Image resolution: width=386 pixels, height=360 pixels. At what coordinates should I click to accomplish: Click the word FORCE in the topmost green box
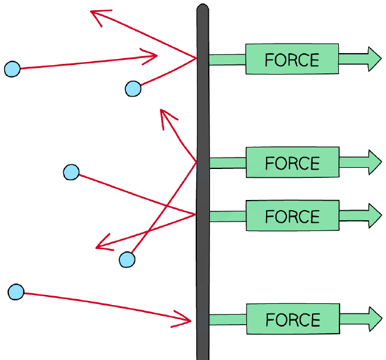(292, 60)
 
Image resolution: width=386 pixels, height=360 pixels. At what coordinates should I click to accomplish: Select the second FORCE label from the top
(292, 163)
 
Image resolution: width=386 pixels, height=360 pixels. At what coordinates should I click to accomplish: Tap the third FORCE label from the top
(292, 216)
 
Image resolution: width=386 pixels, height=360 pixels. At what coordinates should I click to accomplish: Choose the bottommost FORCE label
(293, 320)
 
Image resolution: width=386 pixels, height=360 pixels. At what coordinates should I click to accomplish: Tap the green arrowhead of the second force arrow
(375, 162)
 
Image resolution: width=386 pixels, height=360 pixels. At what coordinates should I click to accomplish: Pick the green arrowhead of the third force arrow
(375, 216)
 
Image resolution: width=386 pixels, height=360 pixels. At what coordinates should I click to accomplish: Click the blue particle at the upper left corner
(13, 69)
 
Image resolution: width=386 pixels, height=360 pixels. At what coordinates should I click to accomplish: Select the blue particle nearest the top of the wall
(133, 89)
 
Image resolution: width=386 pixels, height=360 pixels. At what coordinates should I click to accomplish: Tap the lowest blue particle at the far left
(16, 292)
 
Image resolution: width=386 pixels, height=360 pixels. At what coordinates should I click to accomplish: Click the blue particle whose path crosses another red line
(71, 172)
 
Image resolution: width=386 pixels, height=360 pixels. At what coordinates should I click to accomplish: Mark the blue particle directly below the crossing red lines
(127, 260)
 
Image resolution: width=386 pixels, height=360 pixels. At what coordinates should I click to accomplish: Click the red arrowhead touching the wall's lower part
(182, 319)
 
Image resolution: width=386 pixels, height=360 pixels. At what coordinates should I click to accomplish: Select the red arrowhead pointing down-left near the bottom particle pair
(104, 243)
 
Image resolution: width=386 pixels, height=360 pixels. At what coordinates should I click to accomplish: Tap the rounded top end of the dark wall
(203, 8)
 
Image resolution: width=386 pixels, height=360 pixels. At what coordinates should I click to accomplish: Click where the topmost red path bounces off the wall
(196, 58)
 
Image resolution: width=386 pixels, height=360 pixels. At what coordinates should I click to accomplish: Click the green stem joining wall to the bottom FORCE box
(228, 319)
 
